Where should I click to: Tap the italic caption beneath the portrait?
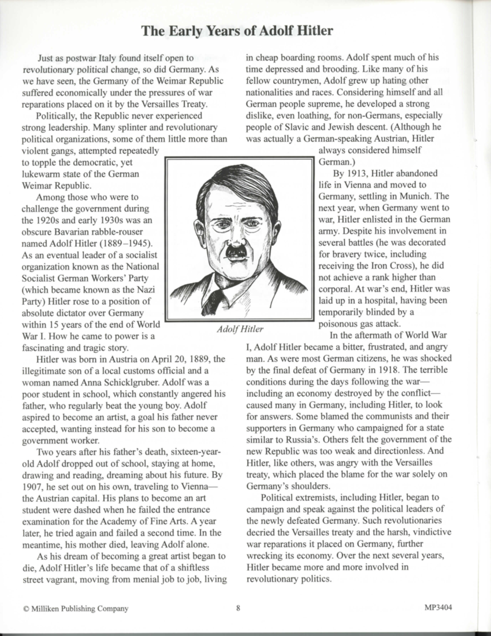point(240,329)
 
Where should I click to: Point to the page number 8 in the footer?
point(238,608)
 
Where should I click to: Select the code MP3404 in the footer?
point(438,608)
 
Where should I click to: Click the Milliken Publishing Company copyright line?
point(76,609)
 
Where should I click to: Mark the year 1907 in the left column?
point(32,487)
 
